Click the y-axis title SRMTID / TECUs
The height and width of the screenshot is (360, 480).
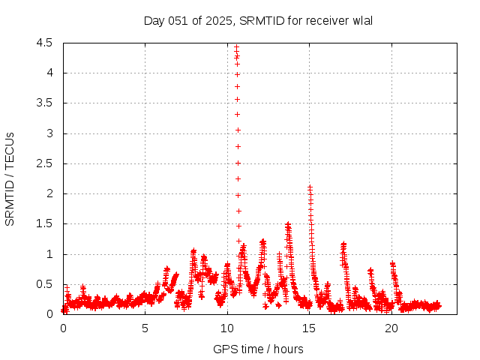click(10, 178)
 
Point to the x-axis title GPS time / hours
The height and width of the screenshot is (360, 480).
click(258, 349)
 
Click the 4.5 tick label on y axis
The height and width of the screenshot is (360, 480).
click(44, 43)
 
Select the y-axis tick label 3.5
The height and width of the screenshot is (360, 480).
click(44, 103)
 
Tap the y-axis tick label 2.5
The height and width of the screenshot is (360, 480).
click(44, 163)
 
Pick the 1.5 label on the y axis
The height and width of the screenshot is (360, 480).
click(44, 224)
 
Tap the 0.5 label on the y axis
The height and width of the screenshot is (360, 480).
click(44, 284)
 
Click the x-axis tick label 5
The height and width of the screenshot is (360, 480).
click(145, 328)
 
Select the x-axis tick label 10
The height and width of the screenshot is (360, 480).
click(227, 328)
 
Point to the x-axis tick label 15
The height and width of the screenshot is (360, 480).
click(310, 328)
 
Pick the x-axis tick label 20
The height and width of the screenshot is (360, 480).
click(391, 328)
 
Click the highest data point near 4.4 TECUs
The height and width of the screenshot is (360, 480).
click(236, 47)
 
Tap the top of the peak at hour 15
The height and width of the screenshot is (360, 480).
click(309, 187)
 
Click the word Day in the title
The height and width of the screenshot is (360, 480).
click(154, 21)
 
